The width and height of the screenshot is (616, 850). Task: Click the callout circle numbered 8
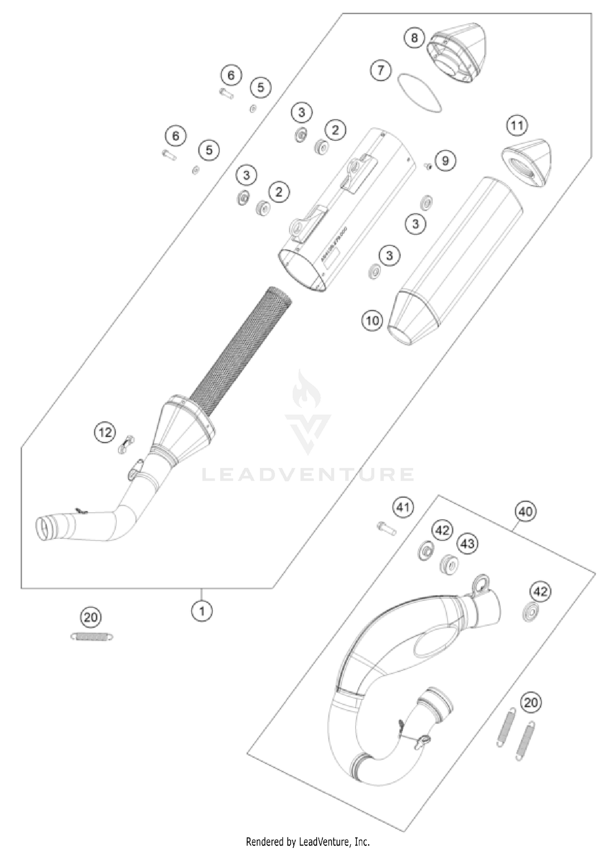point(414,38)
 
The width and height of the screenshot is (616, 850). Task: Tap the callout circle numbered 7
point(381,70)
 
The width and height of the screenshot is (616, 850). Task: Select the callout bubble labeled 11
point(517,125)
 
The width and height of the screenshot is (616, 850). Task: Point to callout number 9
point(446,160)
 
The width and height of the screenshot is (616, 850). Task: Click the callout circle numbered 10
point(372,320)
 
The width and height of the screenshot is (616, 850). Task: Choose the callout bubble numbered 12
point(105,432)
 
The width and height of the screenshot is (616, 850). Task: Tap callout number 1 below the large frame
point(202,612)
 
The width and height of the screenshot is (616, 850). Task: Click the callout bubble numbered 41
point(403,507)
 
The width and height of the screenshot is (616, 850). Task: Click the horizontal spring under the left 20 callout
point(91,637)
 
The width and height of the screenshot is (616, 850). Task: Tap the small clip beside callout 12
point(126,444)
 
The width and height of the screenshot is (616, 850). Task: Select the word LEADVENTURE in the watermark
point(308,475)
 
